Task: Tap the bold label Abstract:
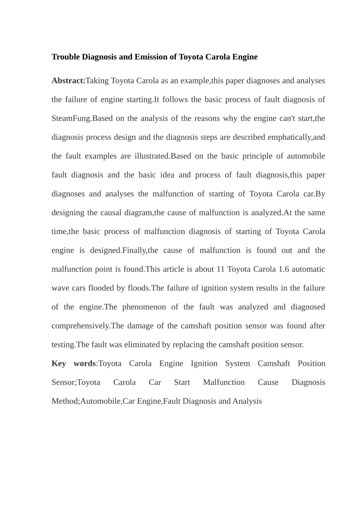69,81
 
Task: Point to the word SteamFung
71,118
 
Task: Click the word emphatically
289,137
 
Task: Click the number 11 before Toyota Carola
221,269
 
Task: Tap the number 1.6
284,269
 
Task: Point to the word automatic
308,269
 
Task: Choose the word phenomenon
144,307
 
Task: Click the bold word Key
59,364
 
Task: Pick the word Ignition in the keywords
204,364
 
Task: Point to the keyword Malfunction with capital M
224,382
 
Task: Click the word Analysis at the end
247,401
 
